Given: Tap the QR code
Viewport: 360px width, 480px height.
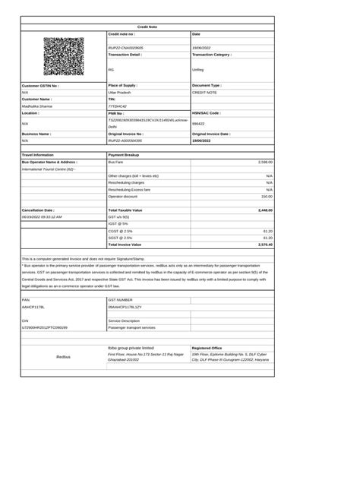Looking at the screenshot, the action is pyautogui.click(x=65, y=56).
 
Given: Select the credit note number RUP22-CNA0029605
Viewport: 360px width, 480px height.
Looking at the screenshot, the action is pyautogui.click(x=126, y=47).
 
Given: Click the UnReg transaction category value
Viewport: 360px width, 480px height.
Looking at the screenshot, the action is pyautogui.click(x=198, y=69).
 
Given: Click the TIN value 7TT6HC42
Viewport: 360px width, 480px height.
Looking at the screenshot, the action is pyautogui.click(x=118, y=106).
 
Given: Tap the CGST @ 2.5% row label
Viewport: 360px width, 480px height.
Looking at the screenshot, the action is pyautogui.click(x=122, y=230).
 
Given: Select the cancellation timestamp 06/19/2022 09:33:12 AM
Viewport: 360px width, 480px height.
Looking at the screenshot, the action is pyautogui.click(x=42, y=216).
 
